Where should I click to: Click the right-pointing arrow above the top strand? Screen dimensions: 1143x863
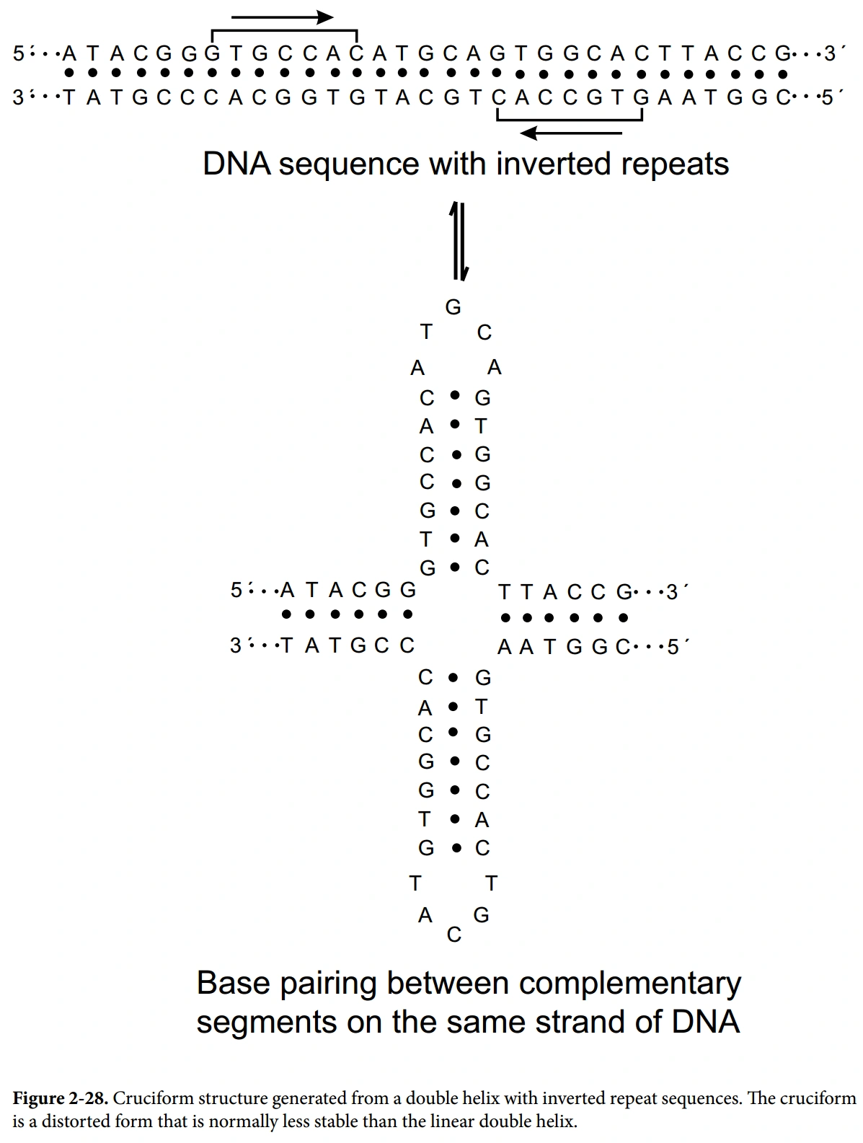click(283, 17)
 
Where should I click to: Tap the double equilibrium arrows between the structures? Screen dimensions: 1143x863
click(459, 241)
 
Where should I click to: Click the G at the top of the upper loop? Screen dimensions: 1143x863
click(453, 308)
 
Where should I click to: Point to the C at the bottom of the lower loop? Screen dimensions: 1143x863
click(453, 935)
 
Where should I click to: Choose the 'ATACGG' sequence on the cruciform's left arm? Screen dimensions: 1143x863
click(348, 591)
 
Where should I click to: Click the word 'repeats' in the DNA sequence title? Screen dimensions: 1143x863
click(678, 164)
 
